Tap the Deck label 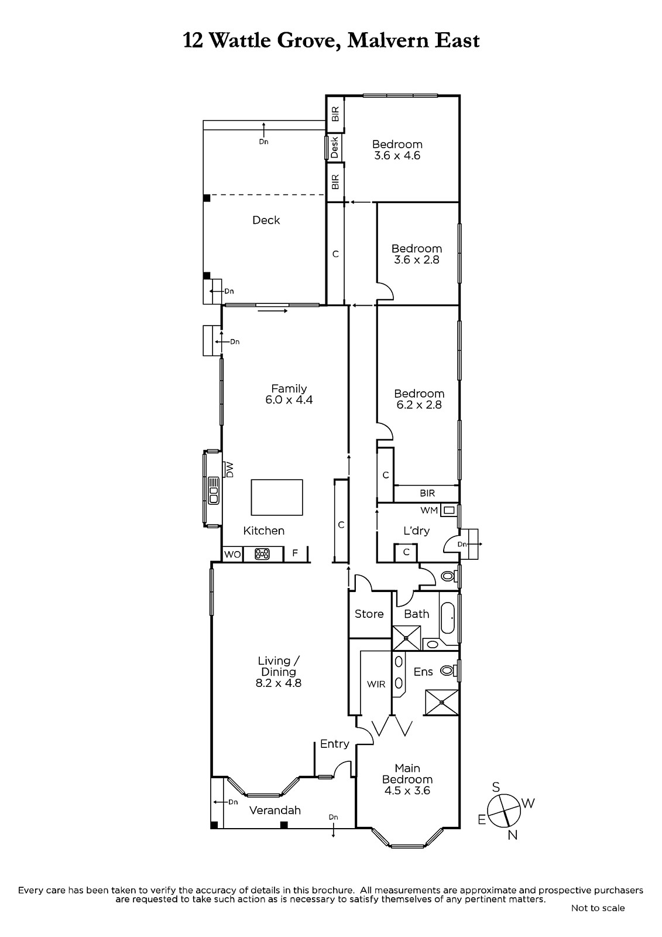[x=266, y=220]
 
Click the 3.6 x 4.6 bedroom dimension [x=397, y=156]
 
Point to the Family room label [x=289, y=389]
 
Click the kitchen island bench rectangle [x=277, y=497]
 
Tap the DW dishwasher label [x=229, y=469]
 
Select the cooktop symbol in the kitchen [x=262, y=554]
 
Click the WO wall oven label [x=232, y=554]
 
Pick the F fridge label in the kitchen [x=295, y=553]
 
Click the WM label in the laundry [x=429, y=510]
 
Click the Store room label [x=369, y=614]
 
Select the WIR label [x=376, y=684]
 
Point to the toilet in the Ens [x=448, y=671]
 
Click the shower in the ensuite [x=441, y=702]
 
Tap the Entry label [x=335, y=744]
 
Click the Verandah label [x=275, y=811]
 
